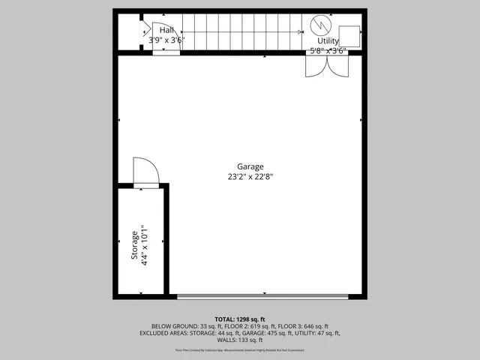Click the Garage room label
[250, 166]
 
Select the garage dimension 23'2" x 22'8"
[250, 177]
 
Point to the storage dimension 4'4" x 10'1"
[145, 245]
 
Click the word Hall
[166, 29]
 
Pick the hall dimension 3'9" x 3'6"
[166, 40]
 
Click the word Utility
[328, 40]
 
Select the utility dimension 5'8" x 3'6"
[328, 51]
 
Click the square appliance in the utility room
[349, 35]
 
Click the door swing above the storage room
[145, 172]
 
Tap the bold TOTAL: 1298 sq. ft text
[240, 319]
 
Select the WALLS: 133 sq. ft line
[240, 340]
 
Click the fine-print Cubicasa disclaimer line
[240, 349]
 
